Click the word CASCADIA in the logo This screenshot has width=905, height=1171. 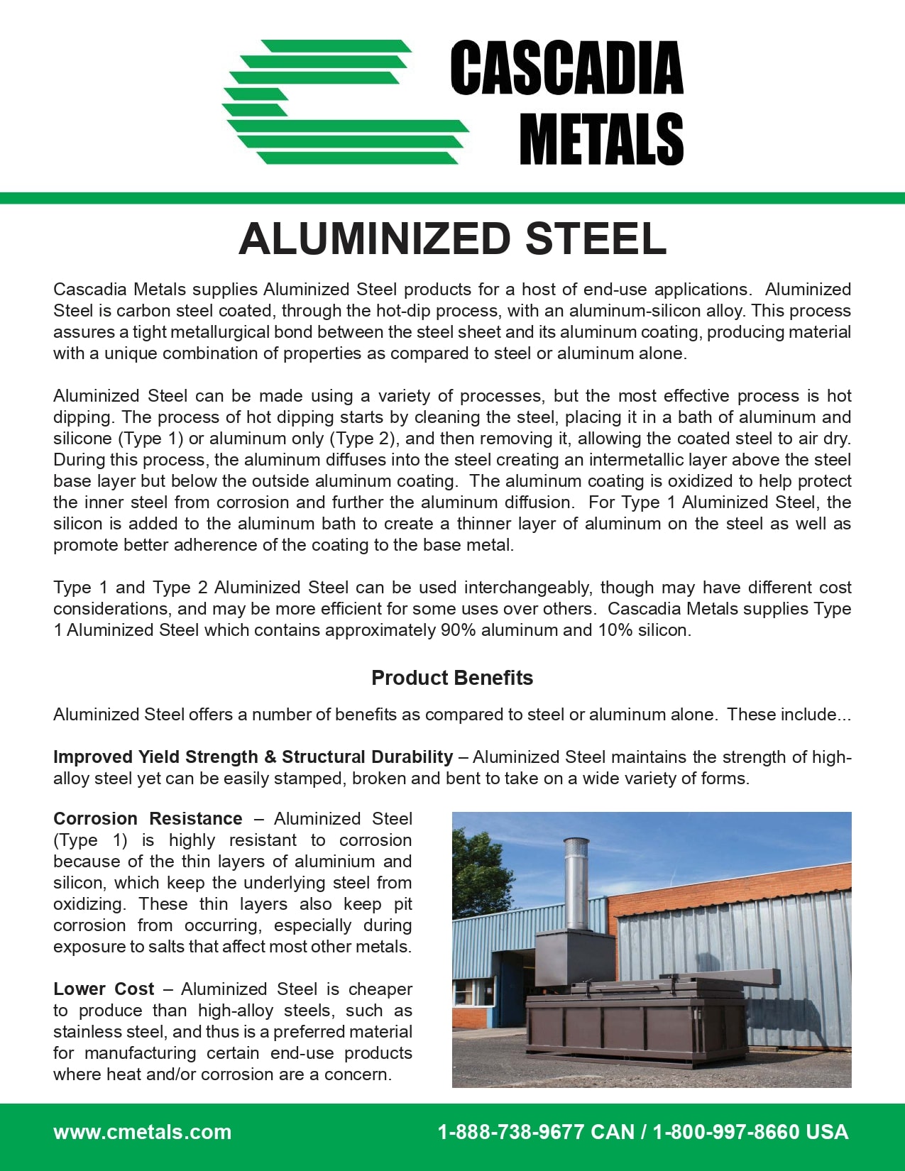pos(566,68)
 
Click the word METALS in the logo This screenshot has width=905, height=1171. pos(601,139)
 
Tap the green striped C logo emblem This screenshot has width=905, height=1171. pos(346,102)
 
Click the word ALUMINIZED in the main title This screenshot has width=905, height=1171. pos(375,238)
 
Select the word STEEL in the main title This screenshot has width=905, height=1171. pos(596,238)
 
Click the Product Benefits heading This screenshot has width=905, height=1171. pos(452,678)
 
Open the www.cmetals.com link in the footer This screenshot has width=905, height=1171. pos(142,1131)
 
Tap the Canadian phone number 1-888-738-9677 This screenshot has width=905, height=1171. pos(510,1131)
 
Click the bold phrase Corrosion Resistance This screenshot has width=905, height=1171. pos(148,818)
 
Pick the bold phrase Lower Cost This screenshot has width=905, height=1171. pos(104,989)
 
